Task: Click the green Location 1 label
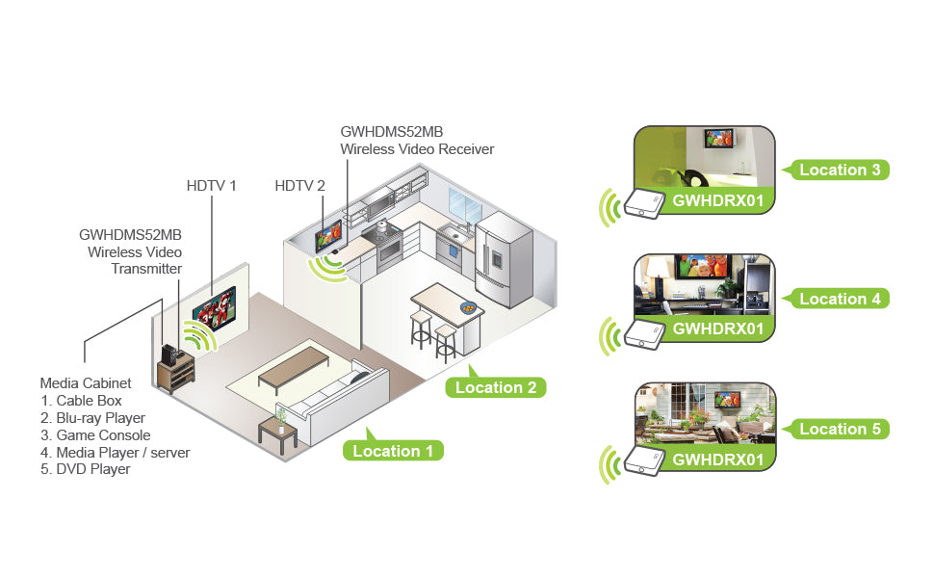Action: pos(393,450)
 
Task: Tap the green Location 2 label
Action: pos(495,387)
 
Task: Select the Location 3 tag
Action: pos(840,170)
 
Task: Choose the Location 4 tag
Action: pos(840,299)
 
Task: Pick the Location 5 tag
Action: pos(840,429)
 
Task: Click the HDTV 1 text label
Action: pos(211,185)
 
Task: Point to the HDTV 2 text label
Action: pos(299,185)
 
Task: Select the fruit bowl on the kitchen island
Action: pos(468,307)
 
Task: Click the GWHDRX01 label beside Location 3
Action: pos(717,199)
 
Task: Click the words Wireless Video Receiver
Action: pos(417,149)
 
